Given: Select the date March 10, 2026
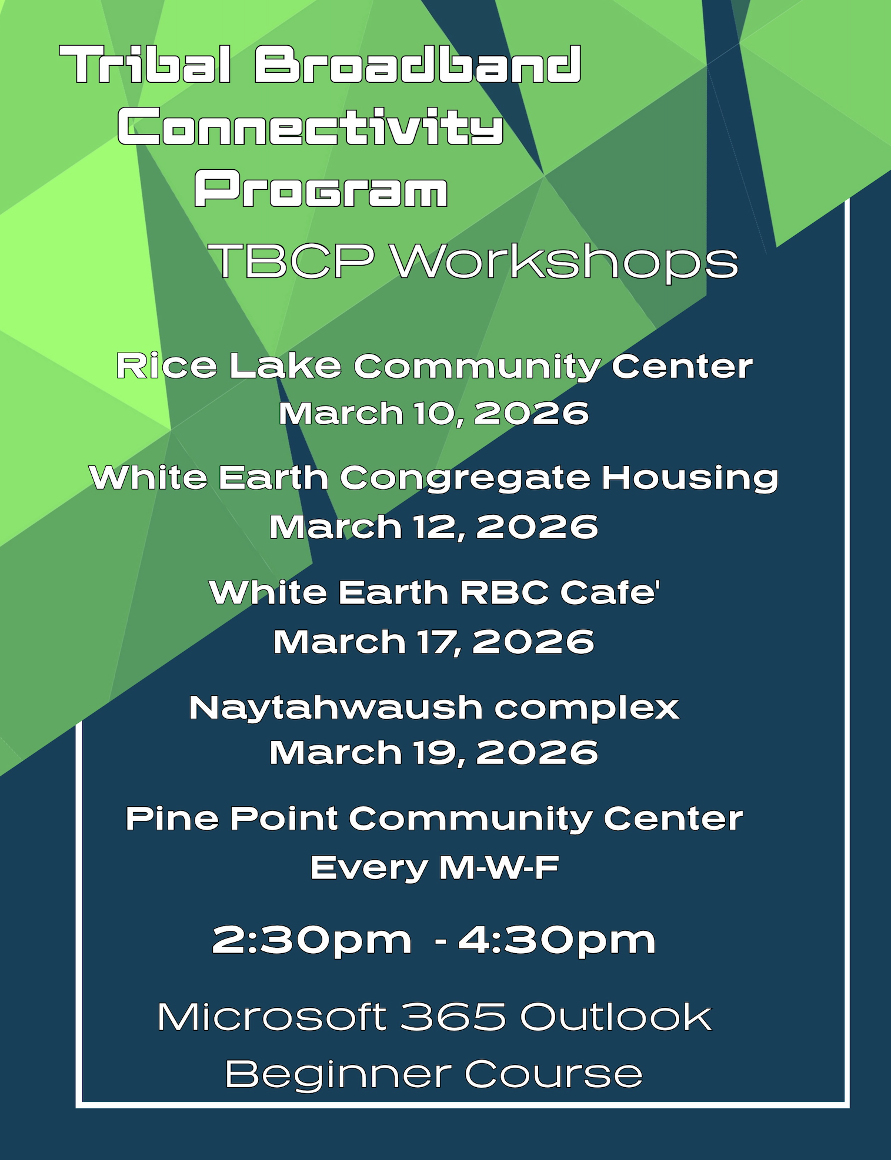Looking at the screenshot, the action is pyautogui.click(x=434, y=413).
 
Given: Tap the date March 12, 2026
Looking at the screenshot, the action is pyautogui.click(x=434, y=527).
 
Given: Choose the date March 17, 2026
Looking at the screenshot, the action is pyautogui.click(x=434, y=641).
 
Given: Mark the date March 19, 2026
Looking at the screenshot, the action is pyautogui.click(x=434, y=753).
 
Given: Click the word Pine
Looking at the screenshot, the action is pyautogui.click(x=172, y=818).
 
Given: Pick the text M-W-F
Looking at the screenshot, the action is pyautogui.click(x=499, y=867).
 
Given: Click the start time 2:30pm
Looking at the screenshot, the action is pyautogui.click(x=312, y=941).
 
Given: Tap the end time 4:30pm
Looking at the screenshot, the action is pyautogui.click(x=556, y=941).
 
